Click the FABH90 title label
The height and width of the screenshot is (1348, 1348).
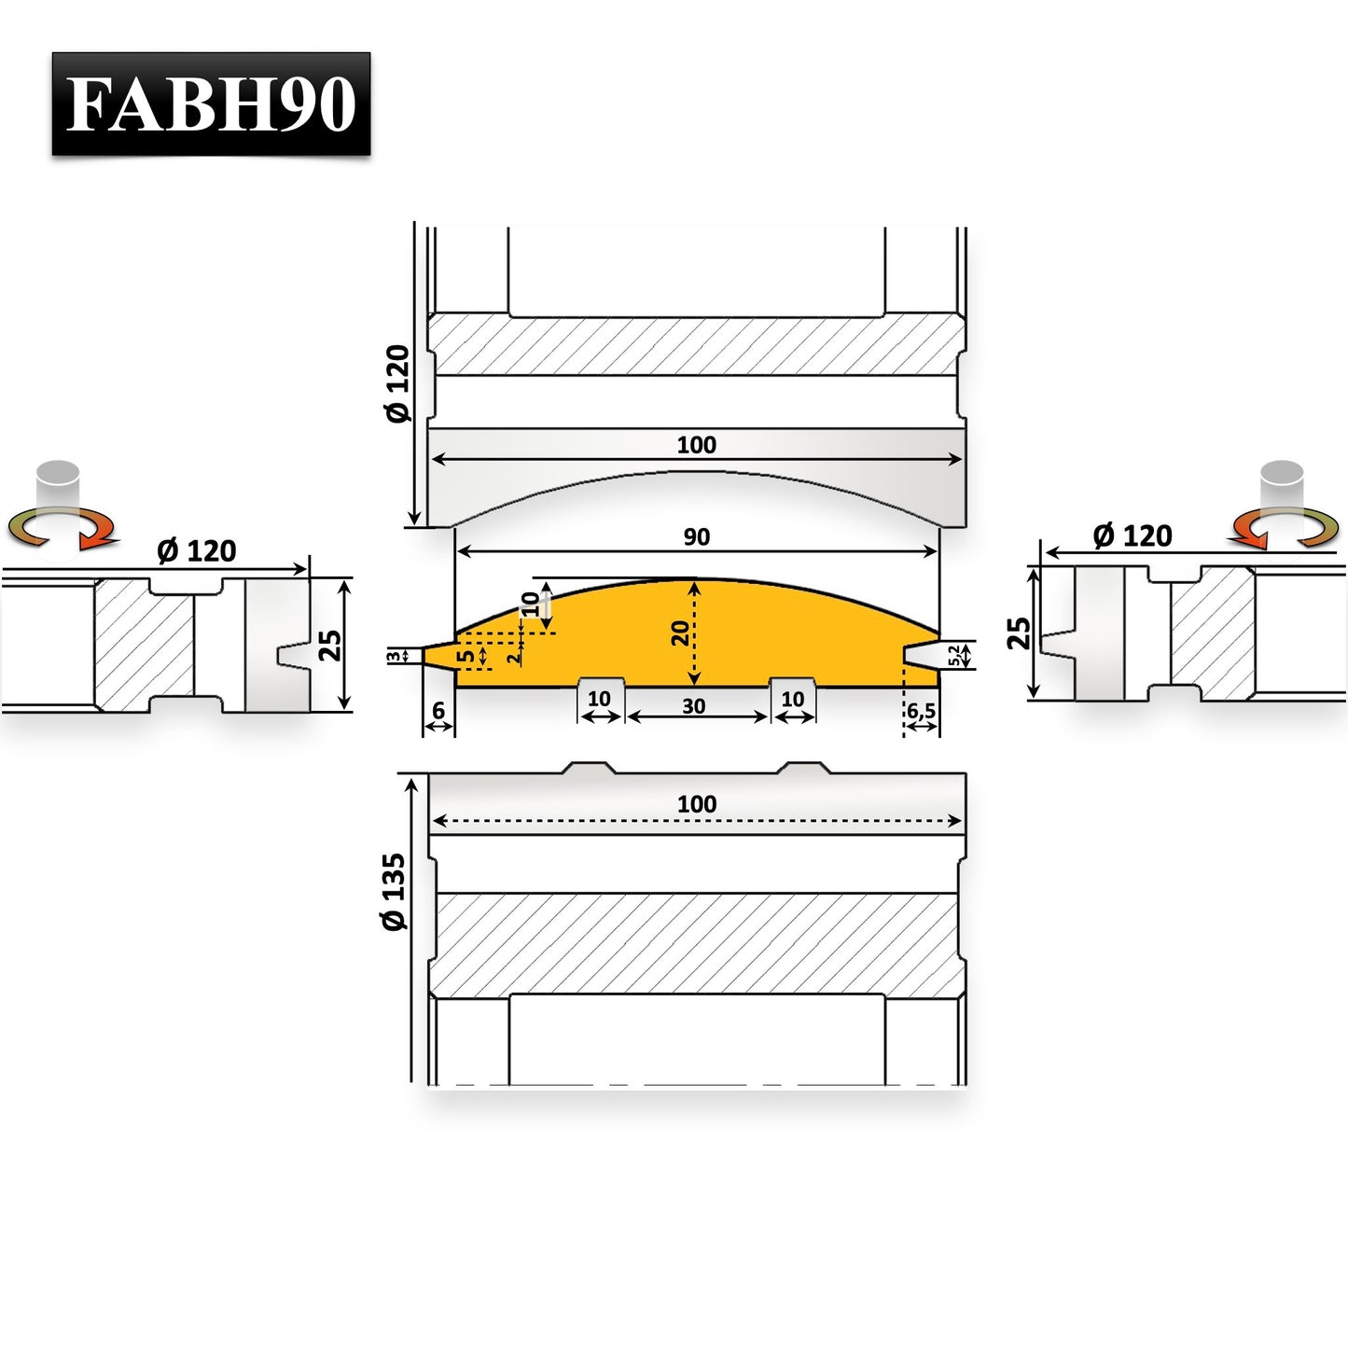(x=211, y=104)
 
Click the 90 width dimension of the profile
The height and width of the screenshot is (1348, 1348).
(x=697, y=537)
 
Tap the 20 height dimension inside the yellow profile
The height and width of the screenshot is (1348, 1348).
(x=680, y=633)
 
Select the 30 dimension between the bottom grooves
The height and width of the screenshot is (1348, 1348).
(x=693, y=706)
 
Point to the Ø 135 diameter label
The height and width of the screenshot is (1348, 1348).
(x=395, y=892)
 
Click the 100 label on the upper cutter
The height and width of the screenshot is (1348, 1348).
(x=697, y=445)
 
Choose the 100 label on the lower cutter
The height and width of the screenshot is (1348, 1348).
(x=697, y=804)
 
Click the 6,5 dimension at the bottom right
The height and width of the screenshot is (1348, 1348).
(x=922, y=712)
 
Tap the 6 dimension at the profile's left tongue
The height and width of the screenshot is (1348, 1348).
(x=438, y=712)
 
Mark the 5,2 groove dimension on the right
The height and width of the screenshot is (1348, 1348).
(x=953, y=656)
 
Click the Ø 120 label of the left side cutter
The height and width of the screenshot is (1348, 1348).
(x=197, y=551)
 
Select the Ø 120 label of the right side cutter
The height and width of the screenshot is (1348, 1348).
(x=1133, y=536)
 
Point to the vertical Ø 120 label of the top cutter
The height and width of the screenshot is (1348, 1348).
(x=398, y=383)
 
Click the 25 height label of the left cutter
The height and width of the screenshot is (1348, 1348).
(x=329, y=646)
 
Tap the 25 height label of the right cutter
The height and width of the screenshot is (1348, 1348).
(x=1019, y=633)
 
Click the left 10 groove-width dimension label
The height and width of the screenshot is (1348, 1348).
(x=599, y=699)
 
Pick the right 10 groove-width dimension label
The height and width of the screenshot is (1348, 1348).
(x=793, y=699)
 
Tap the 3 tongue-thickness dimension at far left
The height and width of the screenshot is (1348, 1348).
(x=395, y=656)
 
